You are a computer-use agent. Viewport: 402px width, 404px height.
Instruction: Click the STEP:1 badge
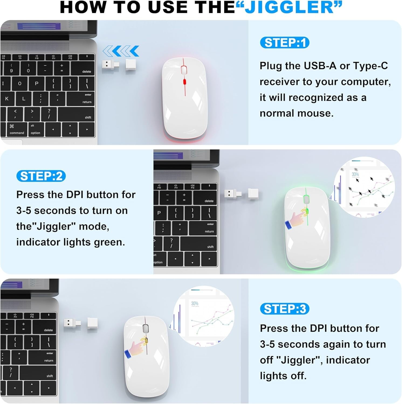pos(284,43)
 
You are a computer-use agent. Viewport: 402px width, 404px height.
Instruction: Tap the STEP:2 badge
pos(41,176)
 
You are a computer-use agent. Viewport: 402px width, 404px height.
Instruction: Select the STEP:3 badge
pos(284,309)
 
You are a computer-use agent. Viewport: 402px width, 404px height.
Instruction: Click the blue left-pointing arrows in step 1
pos(121,51)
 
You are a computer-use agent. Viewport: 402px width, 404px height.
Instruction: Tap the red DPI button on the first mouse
pos(185,82)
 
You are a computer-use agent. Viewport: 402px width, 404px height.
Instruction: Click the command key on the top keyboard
pos(17,130)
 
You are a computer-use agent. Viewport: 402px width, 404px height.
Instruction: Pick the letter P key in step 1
pos(37,83)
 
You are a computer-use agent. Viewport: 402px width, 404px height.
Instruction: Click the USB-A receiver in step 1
pos(111,65)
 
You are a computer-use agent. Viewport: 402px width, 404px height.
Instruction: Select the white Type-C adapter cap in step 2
pos(253,194)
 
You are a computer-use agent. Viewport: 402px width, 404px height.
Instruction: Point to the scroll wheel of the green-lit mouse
pos(306,200)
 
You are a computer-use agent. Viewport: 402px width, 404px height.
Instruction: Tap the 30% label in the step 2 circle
pos(355,174)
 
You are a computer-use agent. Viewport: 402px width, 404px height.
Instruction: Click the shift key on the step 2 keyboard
pos(199,244)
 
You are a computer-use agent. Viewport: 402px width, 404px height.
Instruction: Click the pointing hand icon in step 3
pos(136,347)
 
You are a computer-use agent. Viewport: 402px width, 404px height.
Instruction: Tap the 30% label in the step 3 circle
pos(195,303)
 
